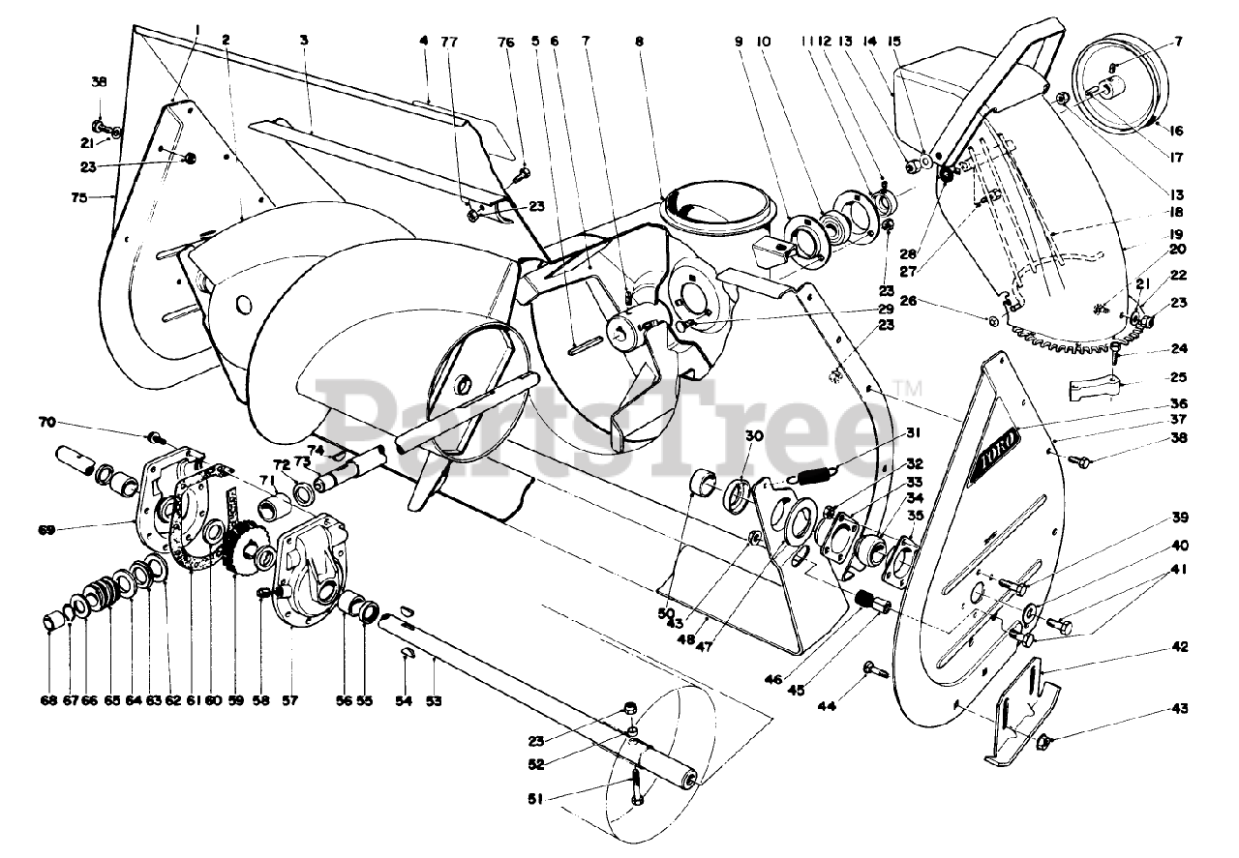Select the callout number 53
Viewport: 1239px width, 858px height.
click(x=434, y=700)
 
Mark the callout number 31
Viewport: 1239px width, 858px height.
click(x=914, y=432)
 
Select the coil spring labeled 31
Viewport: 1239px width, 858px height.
click(x=813, y=474)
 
